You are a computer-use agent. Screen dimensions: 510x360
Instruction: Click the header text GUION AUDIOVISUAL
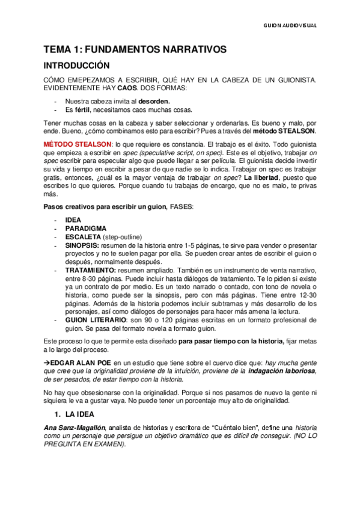[x=290, y=26]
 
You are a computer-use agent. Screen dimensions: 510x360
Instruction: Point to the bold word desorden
[x=154, y=100]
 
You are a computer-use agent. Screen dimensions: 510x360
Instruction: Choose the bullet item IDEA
[x=73, y=220]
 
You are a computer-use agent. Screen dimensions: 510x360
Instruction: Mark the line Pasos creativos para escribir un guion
[x=105, y=207]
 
